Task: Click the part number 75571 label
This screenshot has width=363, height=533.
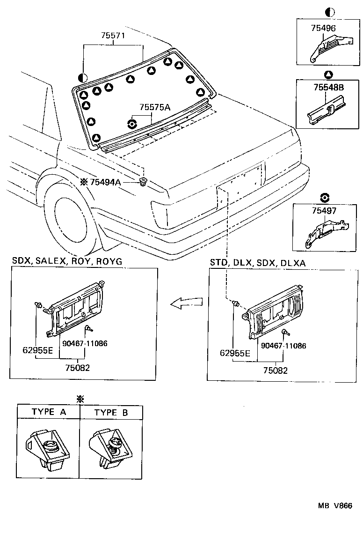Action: pyautogui.click(x=114, y=36)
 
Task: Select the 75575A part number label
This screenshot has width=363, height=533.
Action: pyautogui.click(x=155, y=107)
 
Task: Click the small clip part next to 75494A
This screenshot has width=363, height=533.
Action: pyautogui.click(x=143, y=181)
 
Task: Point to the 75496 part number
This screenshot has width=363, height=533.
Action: pyautogui.click(x=323, y=28)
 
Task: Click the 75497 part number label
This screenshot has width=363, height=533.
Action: pyautogui.click(x=324, y=211)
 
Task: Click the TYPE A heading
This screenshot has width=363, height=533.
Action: pyautogui.click(x=49, y=412)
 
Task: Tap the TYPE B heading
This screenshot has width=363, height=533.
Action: pyautogui.click(x=111, y=412)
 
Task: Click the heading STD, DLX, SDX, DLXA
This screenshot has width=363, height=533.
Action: pyautogui.click(x=257, y=263)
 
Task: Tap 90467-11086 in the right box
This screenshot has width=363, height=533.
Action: pyautogui.click(x=284, y=346)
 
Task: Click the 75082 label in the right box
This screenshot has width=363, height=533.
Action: pyautogui.click(x=275, y=370)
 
